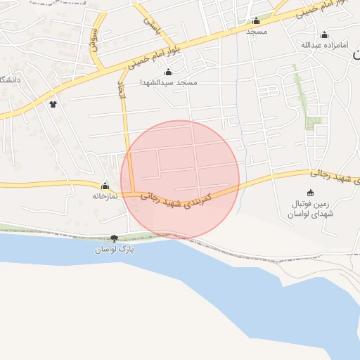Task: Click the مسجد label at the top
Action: pos(256,32)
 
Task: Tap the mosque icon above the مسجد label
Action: pos(256,21)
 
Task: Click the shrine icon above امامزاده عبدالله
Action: pos(324,35)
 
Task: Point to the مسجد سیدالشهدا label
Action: pos(169,83)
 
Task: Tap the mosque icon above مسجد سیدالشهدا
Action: pos(168,72)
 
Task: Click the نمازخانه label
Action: pos(104,196)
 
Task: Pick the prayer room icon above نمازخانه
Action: pos(105,186)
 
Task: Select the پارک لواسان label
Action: pos(115,250)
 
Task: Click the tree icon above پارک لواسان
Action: pos(115,239)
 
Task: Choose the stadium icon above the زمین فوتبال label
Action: pos(311,193)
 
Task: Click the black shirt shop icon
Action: pos(52,104)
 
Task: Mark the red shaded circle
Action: pos(180,179)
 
